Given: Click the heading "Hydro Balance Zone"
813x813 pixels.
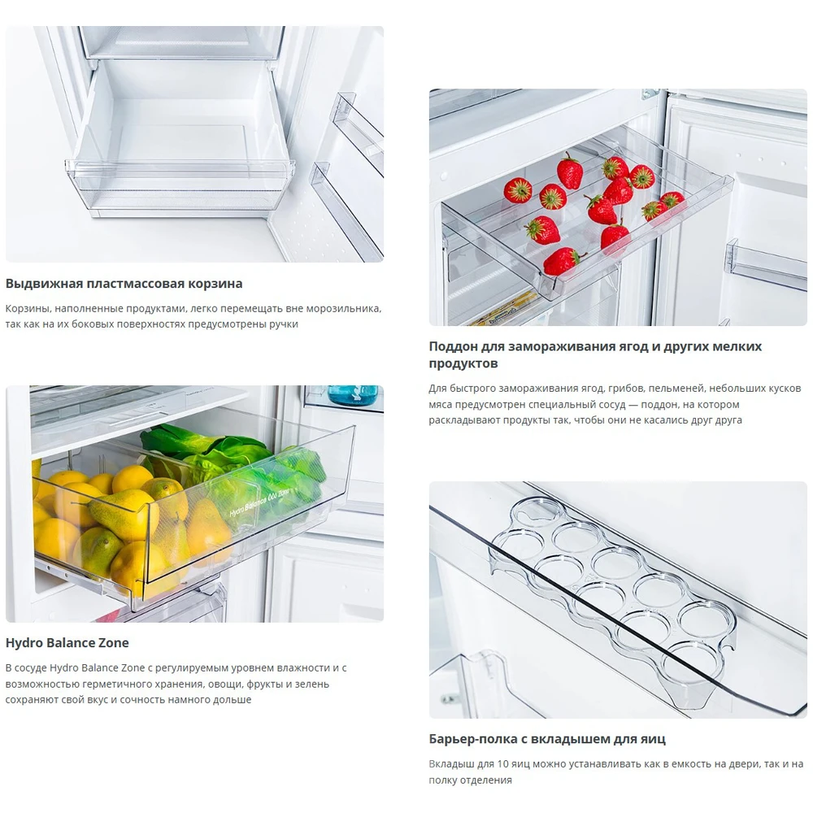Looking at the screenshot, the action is (67, 643).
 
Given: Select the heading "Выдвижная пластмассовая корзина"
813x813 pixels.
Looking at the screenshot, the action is (124, 284).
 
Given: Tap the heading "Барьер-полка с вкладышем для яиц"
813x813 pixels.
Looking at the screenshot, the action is (547, 739).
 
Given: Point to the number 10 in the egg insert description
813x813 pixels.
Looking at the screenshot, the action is (502, 763).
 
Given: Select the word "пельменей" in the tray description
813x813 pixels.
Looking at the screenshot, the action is (676, 389).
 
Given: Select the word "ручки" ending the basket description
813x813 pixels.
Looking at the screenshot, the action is (284, 324).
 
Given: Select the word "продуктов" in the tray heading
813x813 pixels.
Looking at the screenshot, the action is (463, 363).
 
